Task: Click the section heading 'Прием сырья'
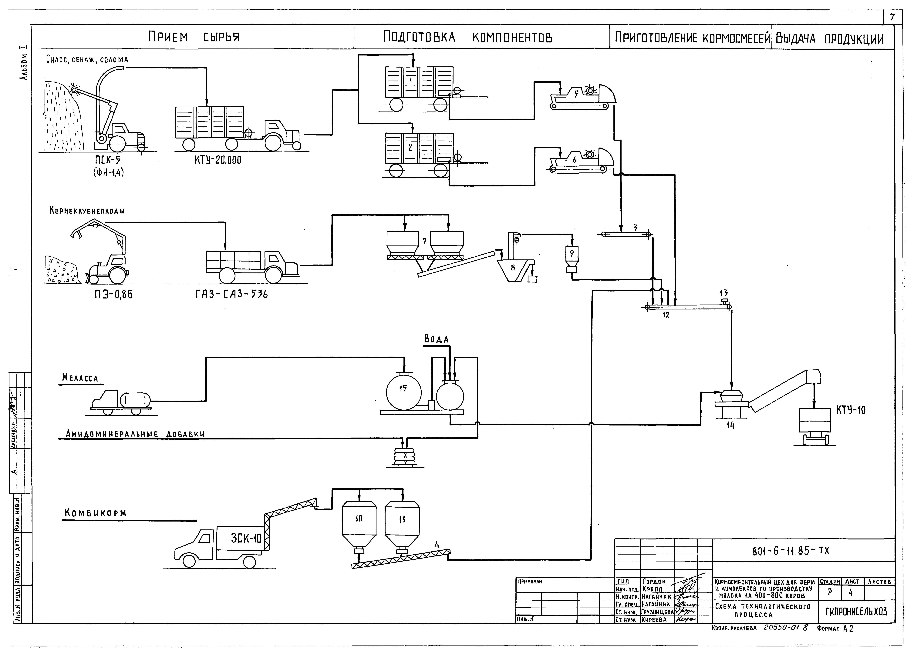tap(193, 37)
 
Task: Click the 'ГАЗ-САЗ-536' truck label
tap(232, 295)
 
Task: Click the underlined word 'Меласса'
tap(80, 378)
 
